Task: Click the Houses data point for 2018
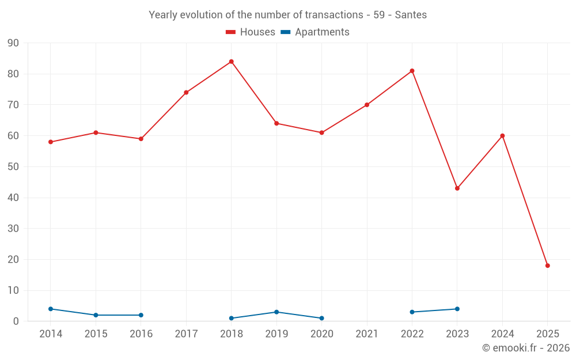click(232, 62)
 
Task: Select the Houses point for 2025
click(548, 266)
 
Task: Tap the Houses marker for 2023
click(457, 188)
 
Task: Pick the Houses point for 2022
click(412, 71)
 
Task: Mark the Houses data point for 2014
click(51, 142)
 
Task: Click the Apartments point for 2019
click(276, 312)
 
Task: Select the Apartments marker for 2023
click(457, 309)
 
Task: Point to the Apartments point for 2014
click(51, 309)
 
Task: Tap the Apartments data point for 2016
click(141, 315)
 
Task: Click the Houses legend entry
click(251, 32)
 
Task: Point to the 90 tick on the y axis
click(13, 43)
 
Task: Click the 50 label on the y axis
click(13, 167)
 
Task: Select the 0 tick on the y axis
click(16, 321)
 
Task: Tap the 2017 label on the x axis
click(186, 334)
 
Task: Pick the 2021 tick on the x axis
click(367, 334)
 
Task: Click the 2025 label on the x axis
click(548, 334)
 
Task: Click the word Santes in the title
click(411, 15)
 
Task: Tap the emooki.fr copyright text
click(526, 348)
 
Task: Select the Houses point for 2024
click(502, 136)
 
